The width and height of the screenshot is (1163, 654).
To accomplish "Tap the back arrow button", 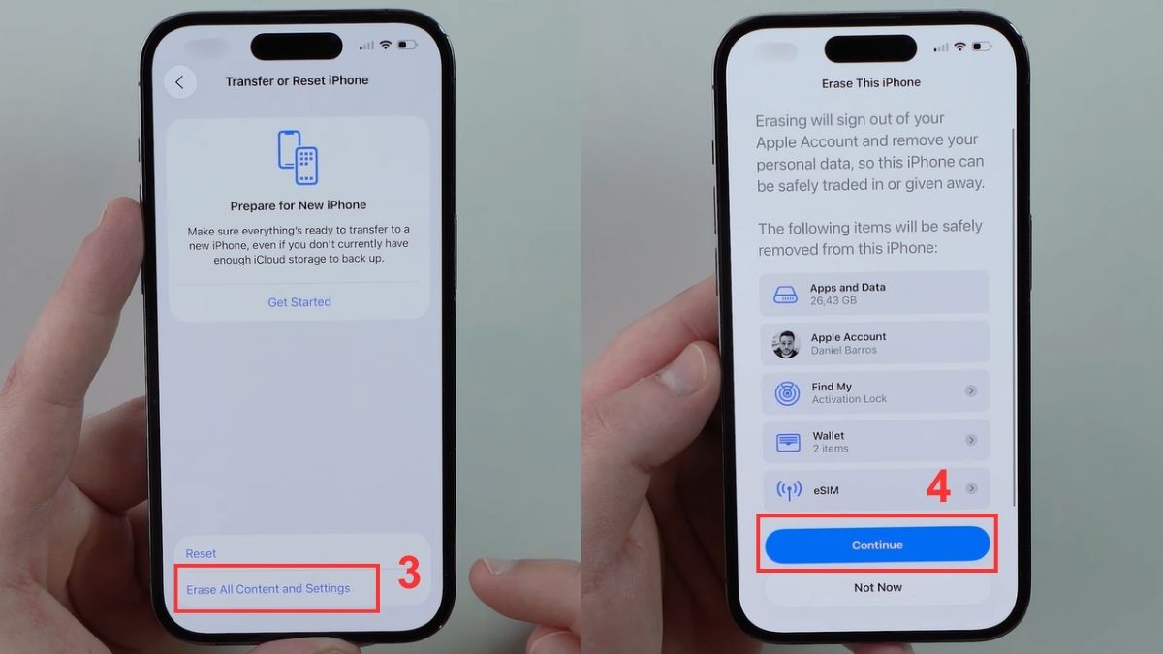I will (179, 82).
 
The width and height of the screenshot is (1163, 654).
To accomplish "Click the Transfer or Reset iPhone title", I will (297, 80).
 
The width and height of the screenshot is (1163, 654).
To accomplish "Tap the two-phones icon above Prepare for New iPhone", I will (299, 157).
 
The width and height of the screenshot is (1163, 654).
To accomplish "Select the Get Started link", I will (299, 302).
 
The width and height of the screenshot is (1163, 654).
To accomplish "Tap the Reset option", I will (201, 553).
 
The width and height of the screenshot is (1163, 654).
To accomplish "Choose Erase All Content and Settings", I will (268, 588).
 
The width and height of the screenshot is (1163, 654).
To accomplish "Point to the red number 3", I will (409, 575).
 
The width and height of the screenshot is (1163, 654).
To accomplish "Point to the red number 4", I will (938, 487).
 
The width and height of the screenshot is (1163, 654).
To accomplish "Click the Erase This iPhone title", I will (871, 83).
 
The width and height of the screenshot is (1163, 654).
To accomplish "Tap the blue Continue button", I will (877, 545).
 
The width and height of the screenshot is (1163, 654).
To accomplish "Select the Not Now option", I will (878, 587).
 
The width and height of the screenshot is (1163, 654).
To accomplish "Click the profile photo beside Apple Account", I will (786, 343).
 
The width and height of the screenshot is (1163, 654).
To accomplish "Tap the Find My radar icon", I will (787, 392).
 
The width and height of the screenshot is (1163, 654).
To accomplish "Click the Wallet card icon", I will (788, 442).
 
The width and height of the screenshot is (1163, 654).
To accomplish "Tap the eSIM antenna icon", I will (788, 490).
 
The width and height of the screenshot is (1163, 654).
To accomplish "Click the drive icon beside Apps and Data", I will (785, 294).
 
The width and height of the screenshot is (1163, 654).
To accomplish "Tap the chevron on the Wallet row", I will (970, 440).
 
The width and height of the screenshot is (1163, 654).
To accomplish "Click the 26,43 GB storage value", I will (833, 301).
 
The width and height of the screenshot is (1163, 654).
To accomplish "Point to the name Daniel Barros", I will (843, 350).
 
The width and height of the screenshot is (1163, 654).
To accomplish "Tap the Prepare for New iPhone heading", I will (299, 205).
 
